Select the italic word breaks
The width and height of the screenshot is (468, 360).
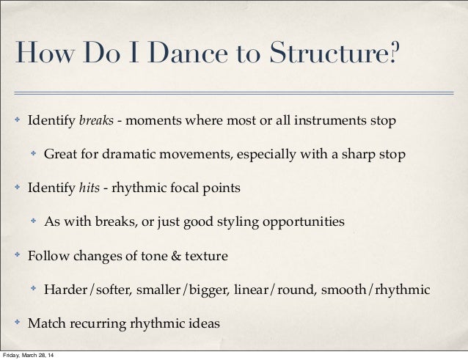click(x=96, y=120)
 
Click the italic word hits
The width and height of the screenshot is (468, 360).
click(x=91, y=188)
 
